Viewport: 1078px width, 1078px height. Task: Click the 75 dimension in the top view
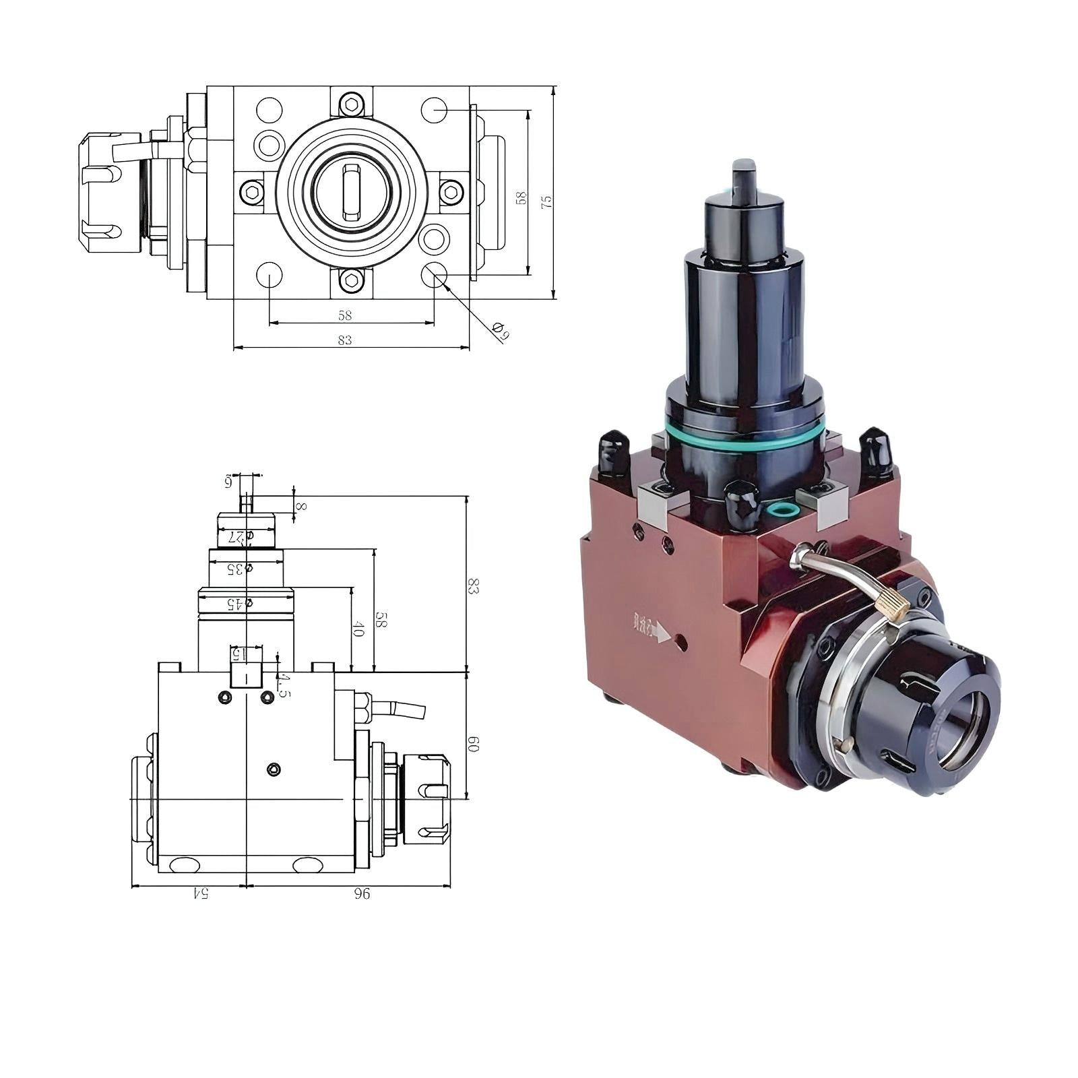tap(547, 201)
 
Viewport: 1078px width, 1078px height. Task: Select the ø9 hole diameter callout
tap(500, 331)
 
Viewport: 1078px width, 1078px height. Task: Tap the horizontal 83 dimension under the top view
tap(344, 340)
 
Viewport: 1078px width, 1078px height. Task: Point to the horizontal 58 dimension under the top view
tap(345, 315)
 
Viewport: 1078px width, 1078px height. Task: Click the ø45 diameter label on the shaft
tap(239, 604)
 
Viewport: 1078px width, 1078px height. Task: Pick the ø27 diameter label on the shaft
tap(240, 536)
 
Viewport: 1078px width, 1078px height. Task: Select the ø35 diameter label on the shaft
tap(239, 569)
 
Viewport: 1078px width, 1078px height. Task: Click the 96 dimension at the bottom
tap(361, 893)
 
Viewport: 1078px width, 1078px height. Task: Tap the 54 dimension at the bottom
tap(200, 893)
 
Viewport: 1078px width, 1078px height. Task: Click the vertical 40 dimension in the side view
tap(358, 631)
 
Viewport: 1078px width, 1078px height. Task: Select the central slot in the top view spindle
tap(351, 192)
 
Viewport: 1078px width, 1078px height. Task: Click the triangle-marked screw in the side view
tap(273, 769)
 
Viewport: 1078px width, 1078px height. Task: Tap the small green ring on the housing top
tap(780, 507)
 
